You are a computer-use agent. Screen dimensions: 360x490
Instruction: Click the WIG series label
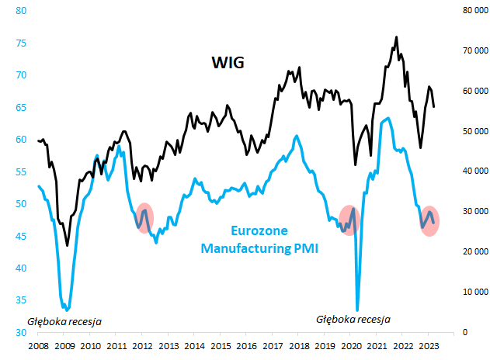tap(228, 63)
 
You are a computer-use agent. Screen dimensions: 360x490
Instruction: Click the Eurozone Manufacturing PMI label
tap(259, 240)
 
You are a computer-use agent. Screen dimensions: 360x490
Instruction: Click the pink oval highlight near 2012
tap(144, 217)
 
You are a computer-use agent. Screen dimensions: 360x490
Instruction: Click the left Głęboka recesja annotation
tap(64, 320)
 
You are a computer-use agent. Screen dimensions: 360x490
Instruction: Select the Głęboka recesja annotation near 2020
tap(353, 319)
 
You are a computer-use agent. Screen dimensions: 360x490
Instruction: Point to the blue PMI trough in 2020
tap(357, 310)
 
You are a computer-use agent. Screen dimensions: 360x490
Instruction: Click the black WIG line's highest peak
tap(396, 36)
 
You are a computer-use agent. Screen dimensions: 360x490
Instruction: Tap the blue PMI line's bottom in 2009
tap(67, 310)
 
